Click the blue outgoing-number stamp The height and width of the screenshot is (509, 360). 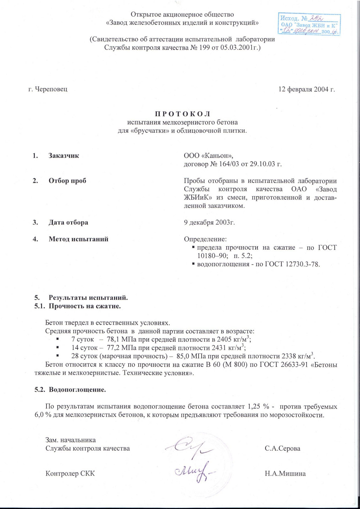[x=309, y=24]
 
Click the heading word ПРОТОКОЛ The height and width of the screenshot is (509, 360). [x=182, y=114]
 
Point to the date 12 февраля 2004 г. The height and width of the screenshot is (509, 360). [x=307, y=89]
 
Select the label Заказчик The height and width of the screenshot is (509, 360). [x=64, y=156]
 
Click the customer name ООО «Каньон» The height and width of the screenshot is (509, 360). [x=208, y=156]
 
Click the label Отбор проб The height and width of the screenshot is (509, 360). [x=67, y=181]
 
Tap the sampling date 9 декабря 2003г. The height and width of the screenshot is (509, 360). [x=209, y=222]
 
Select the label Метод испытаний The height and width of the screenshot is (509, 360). [x=78, y=239]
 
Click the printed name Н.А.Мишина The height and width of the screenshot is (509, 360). [x=285, y=474]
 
